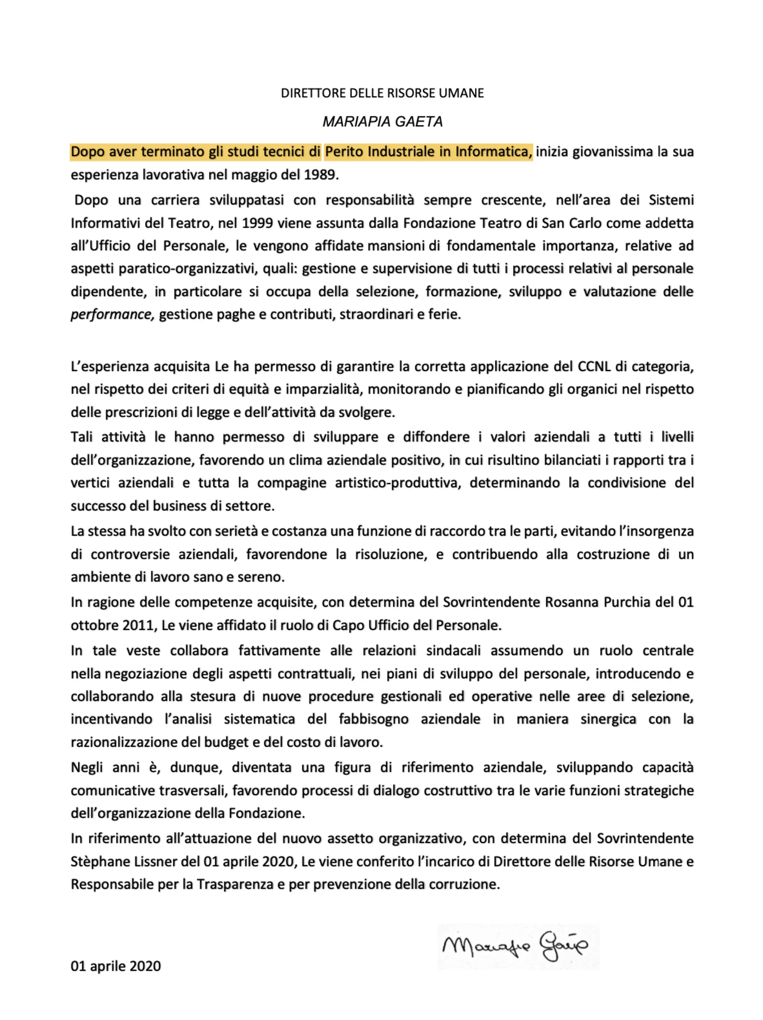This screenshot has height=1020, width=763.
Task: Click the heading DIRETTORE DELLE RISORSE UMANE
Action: (x=382, y=93)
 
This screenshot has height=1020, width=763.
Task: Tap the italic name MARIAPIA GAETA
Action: (x=382, y=122)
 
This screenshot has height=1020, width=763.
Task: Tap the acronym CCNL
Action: (x=594, y=367)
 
